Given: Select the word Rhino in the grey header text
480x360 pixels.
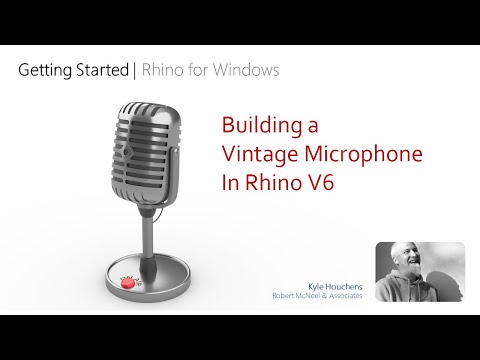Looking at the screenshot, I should (163, 71).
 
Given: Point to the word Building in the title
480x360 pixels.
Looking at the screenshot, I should (264, 128).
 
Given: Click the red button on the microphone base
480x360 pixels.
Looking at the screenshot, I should (128, 285).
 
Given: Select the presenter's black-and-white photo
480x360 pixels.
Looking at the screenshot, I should (420, 272).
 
